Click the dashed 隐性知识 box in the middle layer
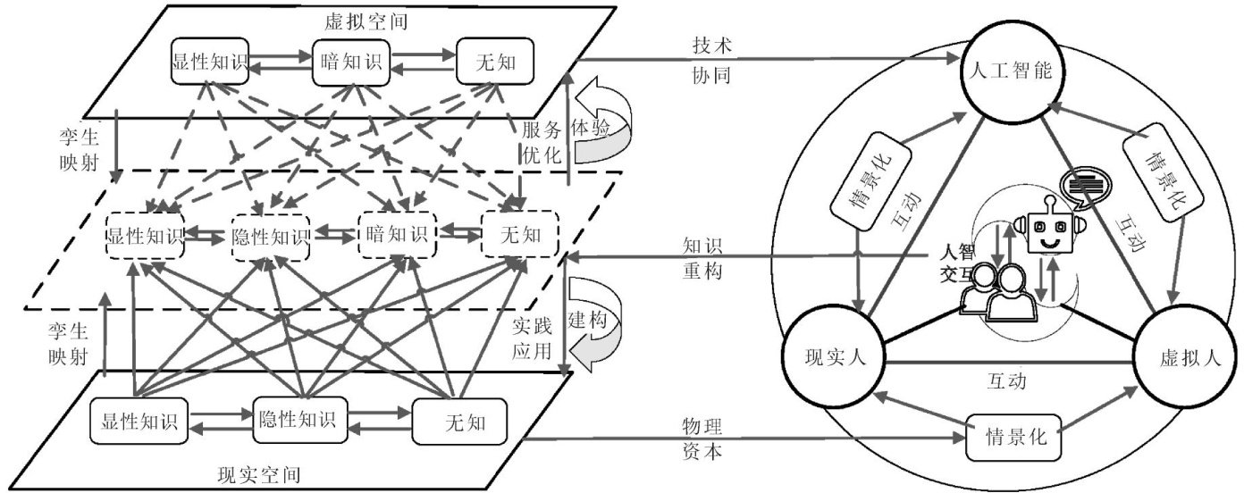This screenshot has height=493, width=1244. (x=270, y=238)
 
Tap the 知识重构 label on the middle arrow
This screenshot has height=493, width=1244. (x=702, y=257)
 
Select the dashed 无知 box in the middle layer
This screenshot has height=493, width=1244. (x=519, y=235)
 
